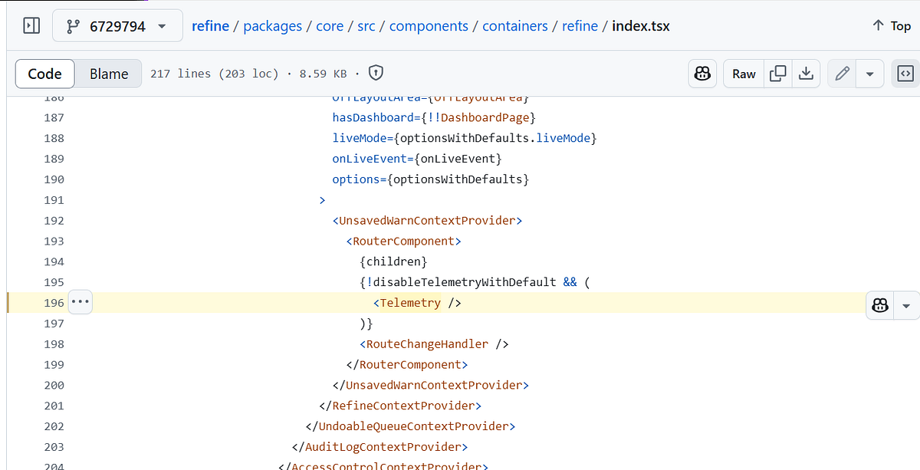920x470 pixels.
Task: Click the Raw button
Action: tap(744, 74)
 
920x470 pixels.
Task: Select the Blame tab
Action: tap(109, 74)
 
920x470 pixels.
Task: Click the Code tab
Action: tap(44, 74)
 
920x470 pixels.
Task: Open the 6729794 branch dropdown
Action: tap(117, 26)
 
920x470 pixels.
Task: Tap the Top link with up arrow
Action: tap(891, 26)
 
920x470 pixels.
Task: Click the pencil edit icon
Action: tap(842, 74)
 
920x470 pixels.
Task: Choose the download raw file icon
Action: tap(806, 74)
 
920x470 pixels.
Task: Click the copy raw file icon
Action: tap(777, 74)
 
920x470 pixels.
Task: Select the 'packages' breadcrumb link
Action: tap(272, 26)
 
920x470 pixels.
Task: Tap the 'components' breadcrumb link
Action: tap(429, 26)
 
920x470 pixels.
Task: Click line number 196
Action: tap(54, 303)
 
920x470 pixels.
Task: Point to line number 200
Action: tap(54, 385)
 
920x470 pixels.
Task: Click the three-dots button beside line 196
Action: tap(80, 302)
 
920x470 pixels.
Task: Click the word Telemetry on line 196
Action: tap(410, 303)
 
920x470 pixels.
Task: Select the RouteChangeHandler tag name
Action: tap(428, 344)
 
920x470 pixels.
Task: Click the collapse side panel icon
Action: tap(31, 26)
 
